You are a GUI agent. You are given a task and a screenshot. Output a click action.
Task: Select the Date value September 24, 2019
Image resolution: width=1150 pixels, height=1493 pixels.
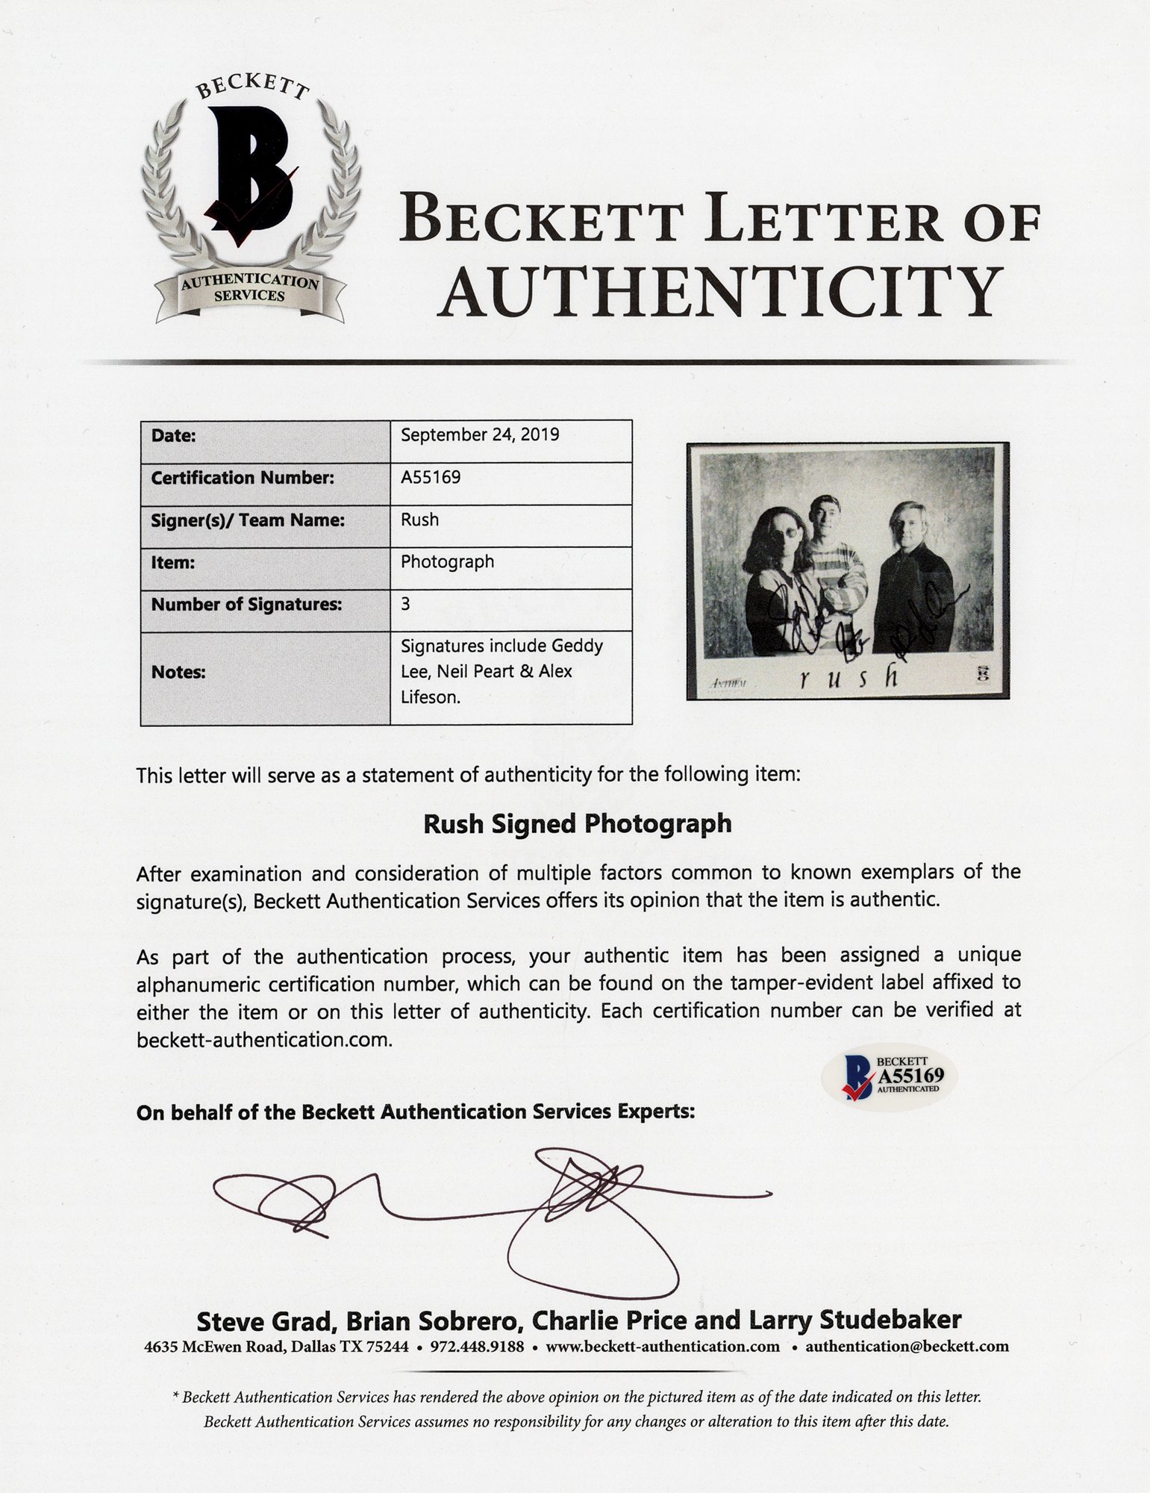point(480,434)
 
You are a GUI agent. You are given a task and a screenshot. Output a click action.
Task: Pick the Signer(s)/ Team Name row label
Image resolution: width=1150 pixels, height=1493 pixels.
point(248,520)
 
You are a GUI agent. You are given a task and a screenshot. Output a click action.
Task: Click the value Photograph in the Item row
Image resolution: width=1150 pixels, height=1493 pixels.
point(447,561)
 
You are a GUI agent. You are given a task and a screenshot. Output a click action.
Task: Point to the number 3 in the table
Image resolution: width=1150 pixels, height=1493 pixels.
point(405,604)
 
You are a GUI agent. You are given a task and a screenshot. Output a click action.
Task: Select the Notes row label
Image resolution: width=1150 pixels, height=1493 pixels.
point(178,672)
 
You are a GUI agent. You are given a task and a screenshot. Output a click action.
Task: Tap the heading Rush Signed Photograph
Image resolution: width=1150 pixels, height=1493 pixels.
point(578,823)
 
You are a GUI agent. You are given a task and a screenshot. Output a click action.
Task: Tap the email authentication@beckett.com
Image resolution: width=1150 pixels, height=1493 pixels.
point(907,1347)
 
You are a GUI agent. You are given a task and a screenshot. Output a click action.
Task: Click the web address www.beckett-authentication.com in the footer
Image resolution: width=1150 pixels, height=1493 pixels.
point(662,1347)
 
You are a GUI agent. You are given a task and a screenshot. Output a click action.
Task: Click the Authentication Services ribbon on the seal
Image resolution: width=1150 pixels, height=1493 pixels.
point(250,289)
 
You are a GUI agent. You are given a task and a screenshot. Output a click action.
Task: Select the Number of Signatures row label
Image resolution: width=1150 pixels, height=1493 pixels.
point(246,604)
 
